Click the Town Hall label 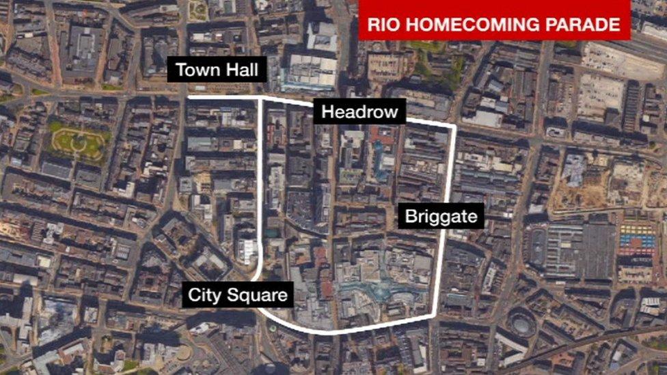[x=217, y=70]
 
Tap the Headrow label [x=359, y=112]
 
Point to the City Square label [x=239, y=296]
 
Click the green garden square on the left [x=79, y=142]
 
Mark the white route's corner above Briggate [x=454, y=127]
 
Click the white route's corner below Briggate [x=437, y=316]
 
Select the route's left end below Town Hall [x=189, y=98]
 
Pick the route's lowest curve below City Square [x=321, y=333]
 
